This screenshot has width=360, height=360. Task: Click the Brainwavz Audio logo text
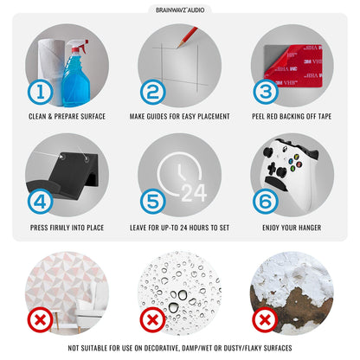(180, 10)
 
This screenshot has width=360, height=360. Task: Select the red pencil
(187, 37)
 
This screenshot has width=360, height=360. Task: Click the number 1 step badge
(41, 92)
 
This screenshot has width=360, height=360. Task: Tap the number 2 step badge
(153, 92)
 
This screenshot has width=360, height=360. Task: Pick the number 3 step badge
(266, 92)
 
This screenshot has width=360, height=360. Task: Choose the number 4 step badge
(41, 202)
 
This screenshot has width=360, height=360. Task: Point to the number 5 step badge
(153, 202)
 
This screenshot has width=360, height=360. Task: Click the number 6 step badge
(266, 202)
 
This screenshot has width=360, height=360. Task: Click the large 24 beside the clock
(194, 193)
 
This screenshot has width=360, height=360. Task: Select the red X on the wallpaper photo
(41, 320)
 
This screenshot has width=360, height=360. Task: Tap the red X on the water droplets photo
(153, 320)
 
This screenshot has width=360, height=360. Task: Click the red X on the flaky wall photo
(265, 320)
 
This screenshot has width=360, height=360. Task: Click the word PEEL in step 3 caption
(258, 117)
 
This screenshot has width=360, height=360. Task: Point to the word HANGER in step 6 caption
(311, 228)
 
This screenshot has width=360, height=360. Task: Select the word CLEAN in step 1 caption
(37, 117)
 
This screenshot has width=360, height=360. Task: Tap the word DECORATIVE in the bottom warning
(162, 348)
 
